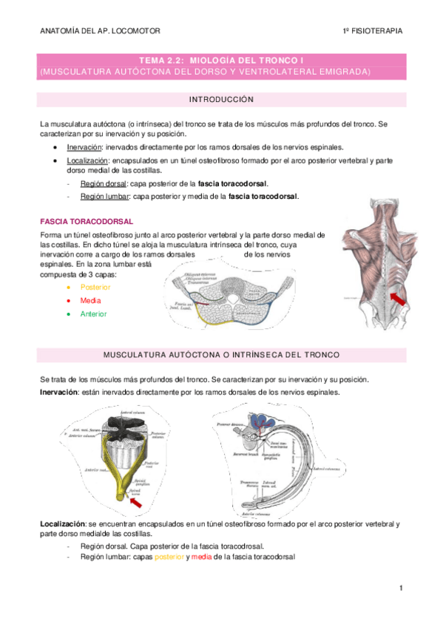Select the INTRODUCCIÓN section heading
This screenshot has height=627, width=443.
(221, 99)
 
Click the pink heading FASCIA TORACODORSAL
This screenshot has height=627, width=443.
(87, 221)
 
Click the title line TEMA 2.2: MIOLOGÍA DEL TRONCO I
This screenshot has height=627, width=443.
(221, 59)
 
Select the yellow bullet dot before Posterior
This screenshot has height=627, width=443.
(68, 287)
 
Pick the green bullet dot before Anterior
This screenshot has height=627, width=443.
(68, 313)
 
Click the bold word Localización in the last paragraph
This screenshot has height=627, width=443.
(61, 523)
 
